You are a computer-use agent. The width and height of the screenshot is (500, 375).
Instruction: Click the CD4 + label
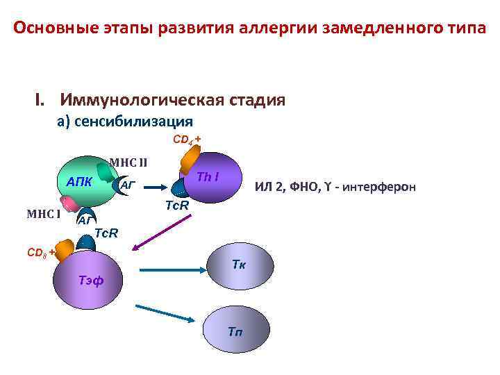[x=187, y=139]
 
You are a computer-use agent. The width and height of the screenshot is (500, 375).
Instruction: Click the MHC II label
[x=128, y=164]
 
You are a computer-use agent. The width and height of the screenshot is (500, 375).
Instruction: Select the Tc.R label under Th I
[x=175, y=206]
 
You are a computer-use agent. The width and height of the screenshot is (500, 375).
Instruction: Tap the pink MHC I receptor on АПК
[x=69, y=203]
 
